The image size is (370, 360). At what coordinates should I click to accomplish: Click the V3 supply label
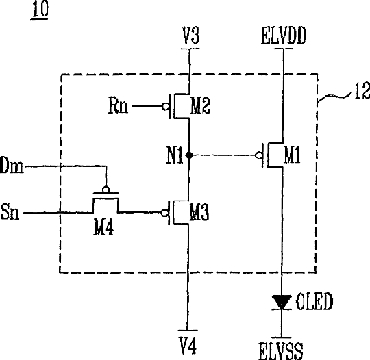[190, 36]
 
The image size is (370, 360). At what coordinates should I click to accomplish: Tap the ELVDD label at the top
[284, 36]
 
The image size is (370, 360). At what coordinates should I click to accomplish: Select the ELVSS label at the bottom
[281, 351]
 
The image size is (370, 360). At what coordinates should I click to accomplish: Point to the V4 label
[188, 346]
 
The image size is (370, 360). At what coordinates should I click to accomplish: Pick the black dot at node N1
[189, 155]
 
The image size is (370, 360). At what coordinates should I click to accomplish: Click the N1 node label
[175, 155]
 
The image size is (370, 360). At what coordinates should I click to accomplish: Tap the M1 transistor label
[292, 155]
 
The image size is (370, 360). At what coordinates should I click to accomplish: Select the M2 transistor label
[200, 106]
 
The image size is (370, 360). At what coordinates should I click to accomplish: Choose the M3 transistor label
[199, 212]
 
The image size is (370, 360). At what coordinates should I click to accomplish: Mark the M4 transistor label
[103, 227]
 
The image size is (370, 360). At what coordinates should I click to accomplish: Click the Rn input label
[119, 105]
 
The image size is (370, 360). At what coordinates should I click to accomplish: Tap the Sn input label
[10, 211]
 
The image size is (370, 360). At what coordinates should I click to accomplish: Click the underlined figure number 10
[40, 10]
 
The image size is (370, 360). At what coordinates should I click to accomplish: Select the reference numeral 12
[362, 91]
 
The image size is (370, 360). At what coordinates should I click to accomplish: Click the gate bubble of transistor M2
[166, 106]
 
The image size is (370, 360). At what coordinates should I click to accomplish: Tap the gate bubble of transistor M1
[259, 155]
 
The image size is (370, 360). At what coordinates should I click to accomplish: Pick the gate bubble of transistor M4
[106, 190]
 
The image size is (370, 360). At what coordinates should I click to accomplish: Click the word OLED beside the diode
[314, 301]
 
